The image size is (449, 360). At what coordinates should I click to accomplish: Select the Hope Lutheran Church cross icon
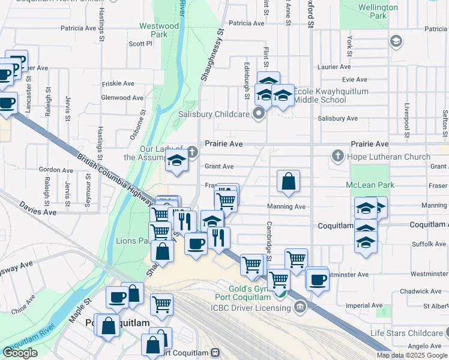point(337,157)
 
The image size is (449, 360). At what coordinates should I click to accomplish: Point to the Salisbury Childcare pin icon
point(259,113)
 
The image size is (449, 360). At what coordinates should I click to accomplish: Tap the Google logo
point(20,353)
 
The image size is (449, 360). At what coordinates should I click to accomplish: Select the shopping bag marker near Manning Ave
point(288,181)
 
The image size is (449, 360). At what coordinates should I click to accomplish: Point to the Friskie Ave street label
point(118,84)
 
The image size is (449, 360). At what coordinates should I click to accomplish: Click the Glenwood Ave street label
point(122,97)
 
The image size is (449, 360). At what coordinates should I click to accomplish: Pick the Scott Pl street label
point(140,43)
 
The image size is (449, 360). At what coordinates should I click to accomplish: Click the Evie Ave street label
point(354,79)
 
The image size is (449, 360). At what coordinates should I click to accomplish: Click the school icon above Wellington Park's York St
point(396,41)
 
